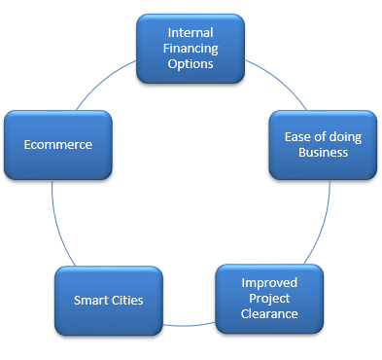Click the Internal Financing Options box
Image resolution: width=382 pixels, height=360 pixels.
191,48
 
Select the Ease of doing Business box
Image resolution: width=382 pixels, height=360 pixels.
322,144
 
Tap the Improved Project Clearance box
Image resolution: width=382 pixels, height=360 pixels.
269,299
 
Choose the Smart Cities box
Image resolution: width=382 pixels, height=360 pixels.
109,300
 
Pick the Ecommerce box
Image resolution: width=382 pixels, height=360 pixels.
57,145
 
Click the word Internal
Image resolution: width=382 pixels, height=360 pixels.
191,32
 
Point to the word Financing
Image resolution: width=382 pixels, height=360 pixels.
191,48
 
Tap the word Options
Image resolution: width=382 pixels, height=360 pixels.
191,63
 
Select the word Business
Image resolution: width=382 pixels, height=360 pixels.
323,152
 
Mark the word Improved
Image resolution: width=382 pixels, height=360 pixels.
269,283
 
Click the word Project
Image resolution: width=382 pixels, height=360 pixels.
269,299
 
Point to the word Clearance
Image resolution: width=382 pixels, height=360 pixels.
269,314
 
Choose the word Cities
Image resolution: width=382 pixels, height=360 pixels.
127,300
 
